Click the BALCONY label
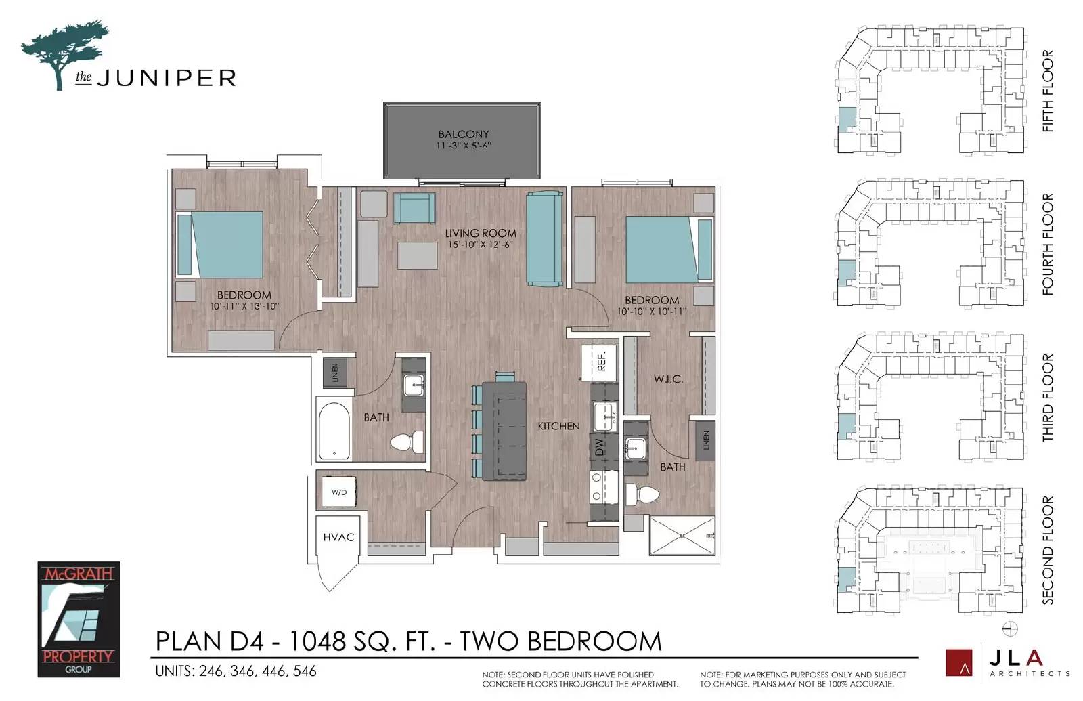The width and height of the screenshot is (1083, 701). [463, 134]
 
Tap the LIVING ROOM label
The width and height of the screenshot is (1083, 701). [480, 233]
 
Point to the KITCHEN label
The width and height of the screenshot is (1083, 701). [558, 426]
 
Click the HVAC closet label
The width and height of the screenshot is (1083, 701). [338, 537]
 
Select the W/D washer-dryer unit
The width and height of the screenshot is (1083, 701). [339, 492]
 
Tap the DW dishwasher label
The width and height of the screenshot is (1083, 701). [600, 447]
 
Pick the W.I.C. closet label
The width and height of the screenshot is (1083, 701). [669, 379]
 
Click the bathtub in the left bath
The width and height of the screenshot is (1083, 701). [334, 431]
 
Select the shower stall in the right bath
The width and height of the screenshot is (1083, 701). [682, 536]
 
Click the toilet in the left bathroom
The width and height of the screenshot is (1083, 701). [407, 442]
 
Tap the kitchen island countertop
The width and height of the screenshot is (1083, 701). [504, 431]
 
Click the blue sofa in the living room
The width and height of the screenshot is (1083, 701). [544, 239]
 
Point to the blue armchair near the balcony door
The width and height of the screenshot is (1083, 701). [414, 208]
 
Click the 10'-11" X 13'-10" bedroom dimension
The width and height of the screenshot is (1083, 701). [244, 307]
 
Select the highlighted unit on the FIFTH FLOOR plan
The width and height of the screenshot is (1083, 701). [846, 120]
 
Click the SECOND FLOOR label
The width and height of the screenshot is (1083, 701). [1047, 550]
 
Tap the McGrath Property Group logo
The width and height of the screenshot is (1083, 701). [79, 619]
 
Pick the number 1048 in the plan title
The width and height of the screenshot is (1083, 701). [317, 641]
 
